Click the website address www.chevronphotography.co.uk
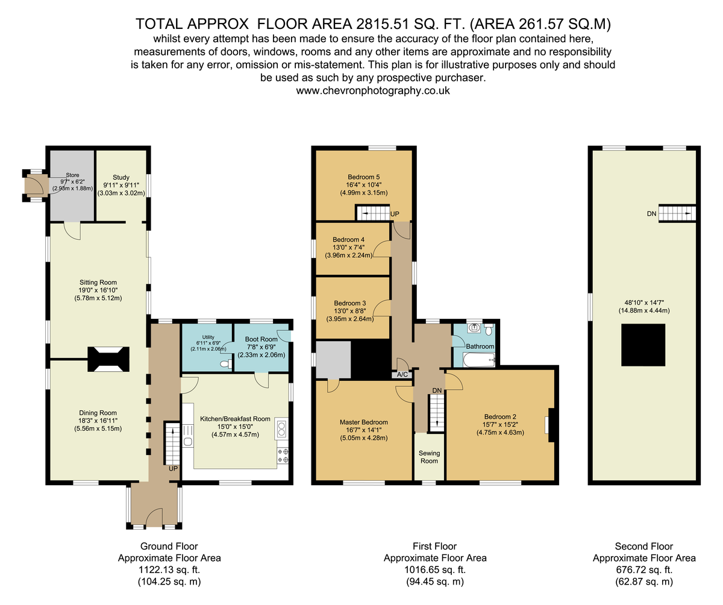point(372,91)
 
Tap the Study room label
point(121,177)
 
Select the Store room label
point(72,175)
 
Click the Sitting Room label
point(98,282)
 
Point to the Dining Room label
point(98,413)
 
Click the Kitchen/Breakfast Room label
point(235,419)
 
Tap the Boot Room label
point(261,339)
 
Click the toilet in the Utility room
point(227,363)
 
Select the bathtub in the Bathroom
point(479,360)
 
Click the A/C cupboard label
point(402,374)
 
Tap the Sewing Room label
point(429,457)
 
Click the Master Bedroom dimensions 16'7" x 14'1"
point(363,430)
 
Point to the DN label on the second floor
point(651,214)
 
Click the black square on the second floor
point(643,345)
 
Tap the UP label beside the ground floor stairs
point(173,469)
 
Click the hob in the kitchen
point(283,456)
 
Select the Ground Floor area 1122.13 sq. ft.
point(169,569)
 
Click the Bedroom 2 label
point(499,416)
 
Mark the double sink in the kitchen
point(281,428)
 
